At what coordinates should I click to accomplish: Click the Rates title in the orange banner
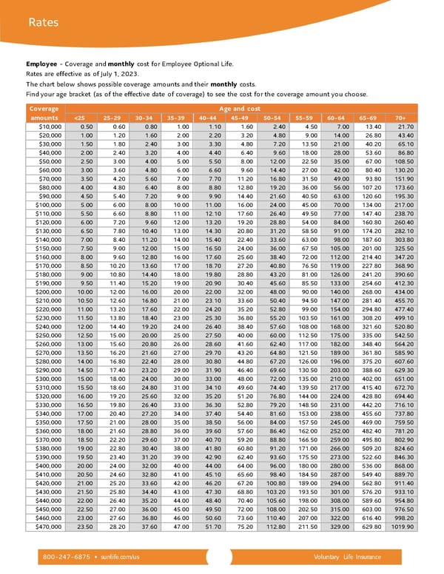click(x=42, y=23)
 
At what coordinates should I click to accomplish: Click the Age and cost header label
click(x=246, y=108)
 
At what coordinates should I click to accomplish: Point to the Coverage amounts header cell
click(x=44, y=112)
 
